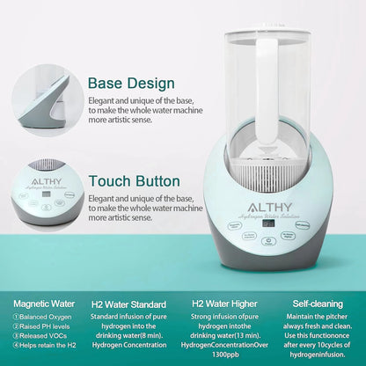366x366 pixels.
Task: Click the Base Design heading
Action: pyautogui.click(x=131, y=84)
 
